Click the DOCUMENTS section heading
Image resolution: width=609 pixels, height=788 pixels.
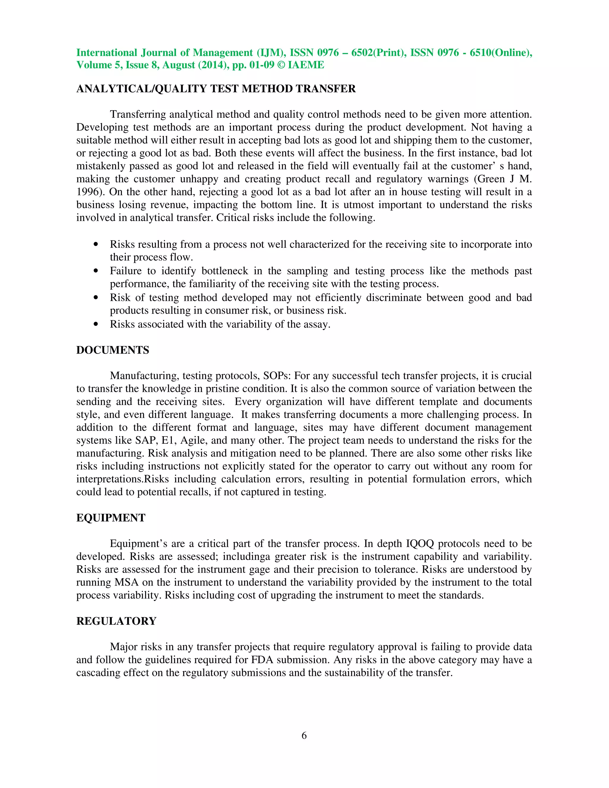coord(113,350)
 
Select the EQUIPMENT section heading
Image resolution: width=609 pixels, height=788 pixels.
coord(111,518)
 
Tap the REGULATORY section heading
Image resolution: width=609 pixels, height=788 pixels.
coord(116,621)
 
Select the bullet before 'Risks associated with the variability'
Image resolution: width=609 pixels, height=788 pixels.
coord(96,324)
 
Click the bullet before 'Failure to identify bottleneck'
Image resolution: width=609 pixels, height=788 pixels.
coord(96,271)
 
